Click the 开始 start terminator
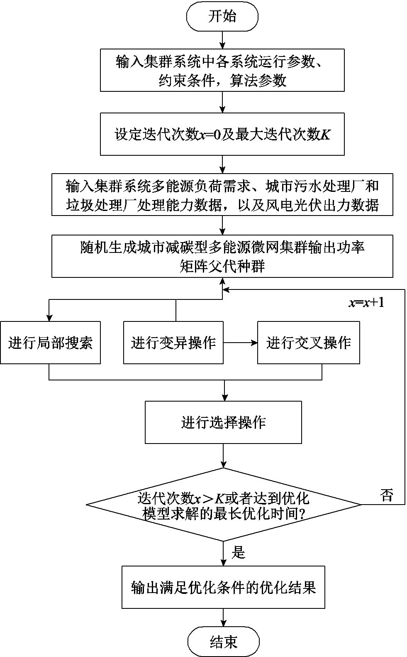(x=222, y=17)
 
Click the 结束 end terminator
(x=223, y=642)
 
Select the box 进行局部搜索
(x=50, y=343)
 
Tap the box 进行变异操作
(x=173, y=343)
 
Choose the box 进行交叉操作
(x=308, y=343)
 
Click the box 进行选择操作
(x=223, y=422)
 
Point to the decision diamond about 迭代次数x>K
(x=223, y=505)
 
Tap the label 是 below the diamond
(x=238, y=552)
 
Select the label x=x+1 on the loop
(x=366, y=302)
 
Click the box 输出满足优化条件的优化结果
(x=223, y=587)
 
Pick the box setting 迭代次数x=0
(x=222, y=135)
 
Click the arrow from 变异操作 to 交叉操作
(x=240, y=343)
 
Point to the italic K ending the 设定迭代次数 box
(x=326, y=135)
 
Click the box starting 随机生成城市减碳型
(x=222, y=256)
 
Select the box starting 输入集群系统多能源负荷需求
(x=222, y=194)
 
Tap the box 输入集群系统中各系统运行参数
(x=222, y=70)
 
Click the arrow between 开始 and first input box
(x=223, y=40)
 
